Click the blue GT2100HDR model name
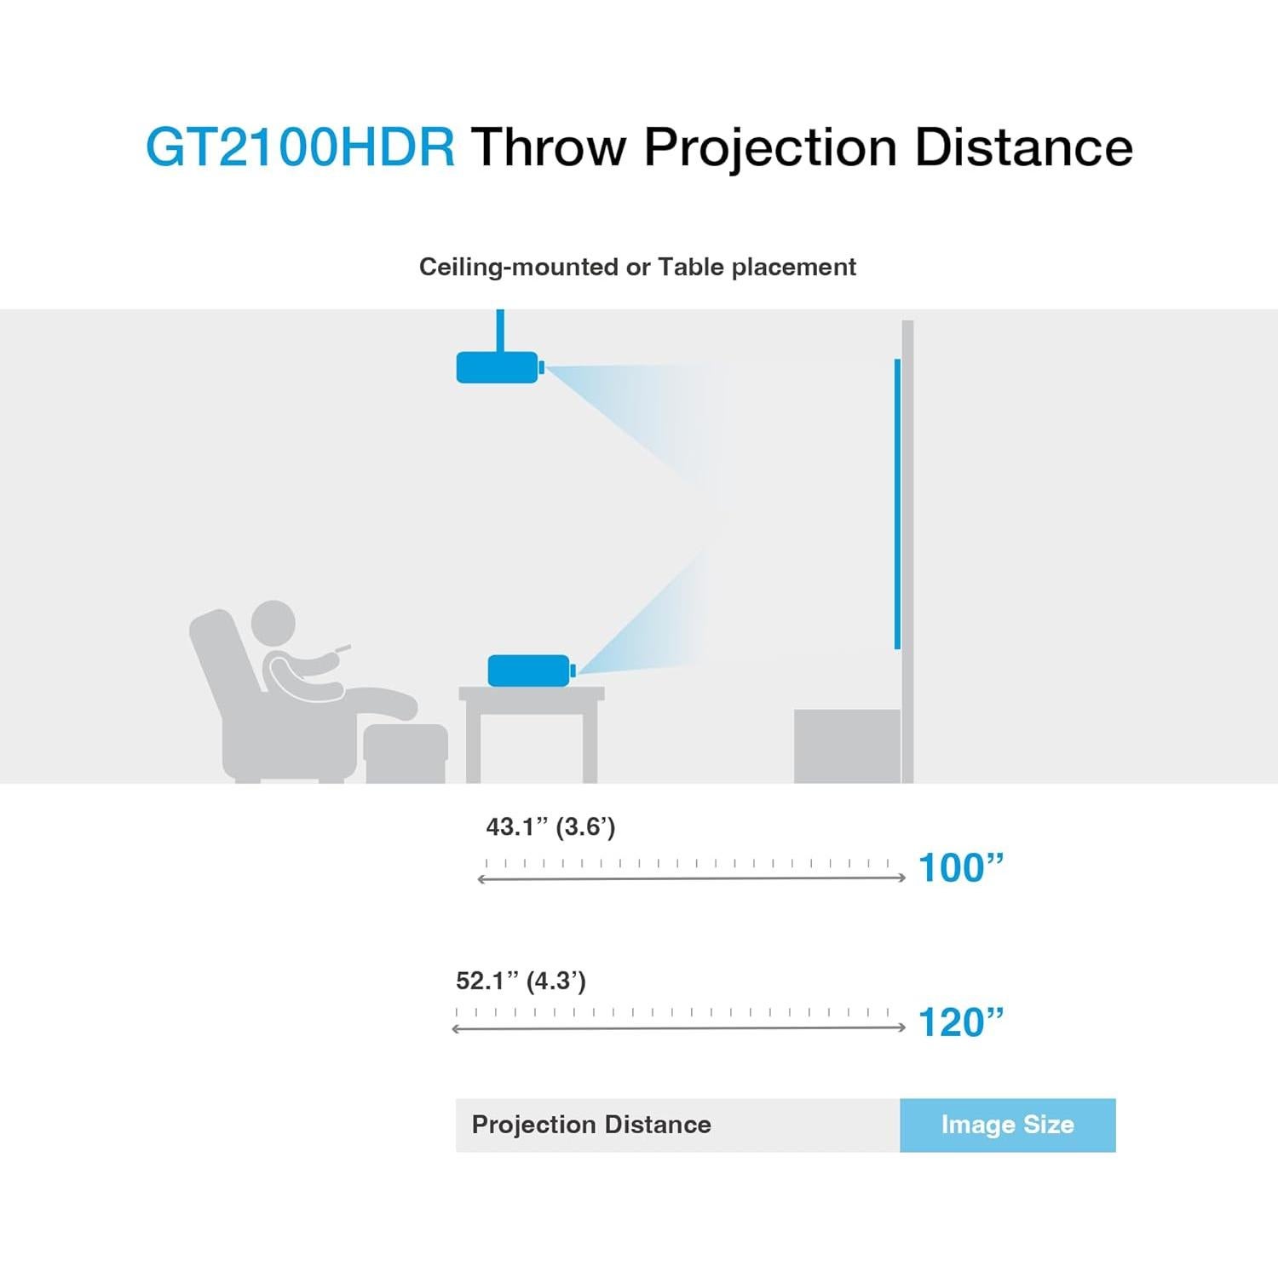pyautogui.click(x=300, y=147)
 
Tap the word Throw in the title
pyautogui.click(x=549, y=147)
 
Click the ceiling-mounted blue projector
pyautogui.click(x=498, y=367)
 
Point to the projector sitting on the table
pyautogui.click(x=528, y=671)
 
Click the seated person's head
pyautogui.click(x=273, y=623)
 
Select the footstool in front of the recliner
pyautogui.click(x=405, y=752)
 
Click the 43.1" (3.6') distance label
pyautogui.click(x=550, y=826)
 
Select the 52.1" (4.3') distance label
pyautogui.click(x=521, y=981)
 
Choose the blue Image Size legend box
pyautogui.click(x=1007, y=1125)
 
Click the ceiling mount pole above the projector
pyautogui.click(x=500, y=330)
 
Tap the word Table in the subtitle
pyautogui.click(x=692, y=267)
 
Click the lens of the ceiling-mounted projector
pyautogui.click(x=542, y=367)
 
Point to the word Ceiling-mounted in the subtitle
pyautogui.click(x=519, y=267)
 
